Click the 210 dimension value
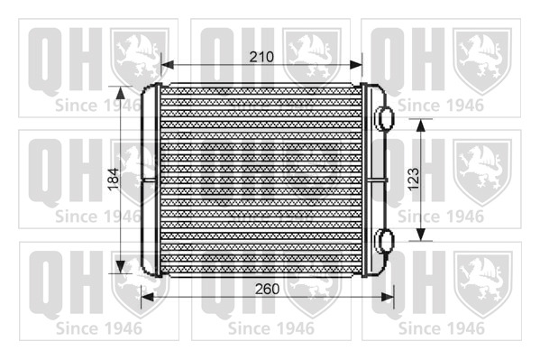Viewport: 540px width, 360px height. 261,57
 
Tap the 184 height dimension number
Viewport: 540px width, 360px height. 114,179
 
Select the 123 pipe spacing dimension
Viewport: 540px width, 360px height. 414,179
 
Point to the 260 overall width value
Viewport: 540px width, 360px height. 267,289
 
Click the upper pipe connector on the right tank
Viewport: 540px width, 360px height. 384,118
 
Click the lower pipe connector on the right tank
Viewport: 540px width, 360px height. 384,240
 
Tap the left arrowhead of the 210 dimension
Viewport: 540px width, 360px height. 168,64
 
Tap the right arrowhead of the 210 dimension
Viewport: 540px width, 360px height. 356,64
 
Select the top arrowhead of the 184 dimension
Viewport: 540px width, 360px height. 120,92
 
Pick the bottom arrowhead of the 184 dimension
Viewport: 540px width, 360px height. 120,267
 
